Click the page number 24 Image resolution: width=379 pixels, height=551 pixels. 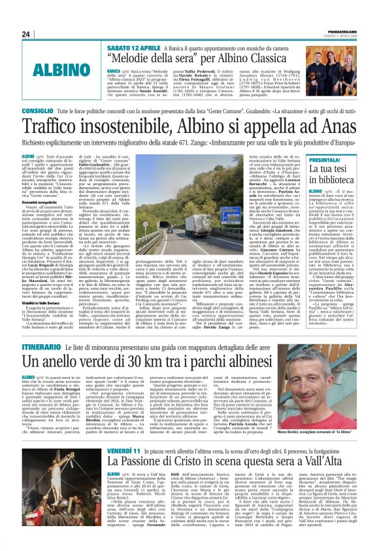pos(25,34)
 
